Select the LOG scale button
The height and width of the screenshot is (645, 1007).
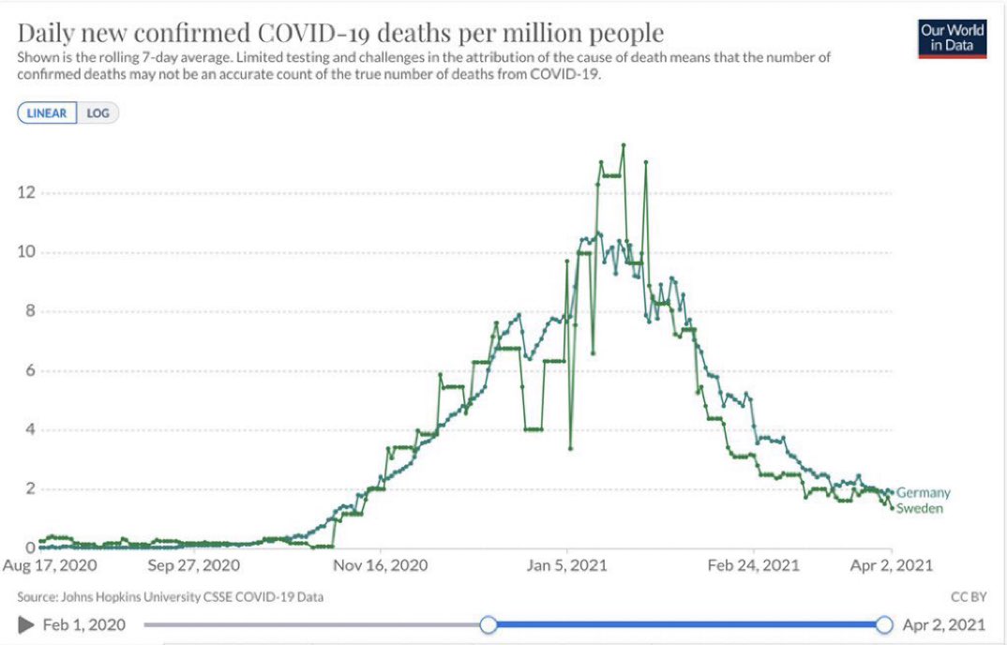point(98,113)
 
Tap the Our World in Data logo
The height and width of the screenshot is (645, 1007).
point(952,37)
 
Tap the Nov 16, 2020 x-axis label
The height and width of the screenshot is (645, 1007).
point(382,566)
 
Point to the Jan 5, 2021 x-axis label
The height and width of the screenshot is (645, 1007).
point(566,566)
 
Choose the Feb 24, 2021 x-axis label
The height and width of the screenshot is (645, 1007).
point(754,566)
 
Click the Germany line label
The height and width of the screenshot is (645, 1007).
point(924,493)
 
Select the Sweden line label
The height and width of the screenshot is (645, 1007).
point(920,509)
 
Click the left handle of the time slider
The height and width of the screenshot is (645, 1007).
point(488,624)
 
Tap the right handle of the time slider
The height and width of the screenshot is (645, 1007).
point(883,624)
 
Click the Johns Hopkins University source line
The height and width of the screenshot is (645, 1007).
point(172,596)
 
